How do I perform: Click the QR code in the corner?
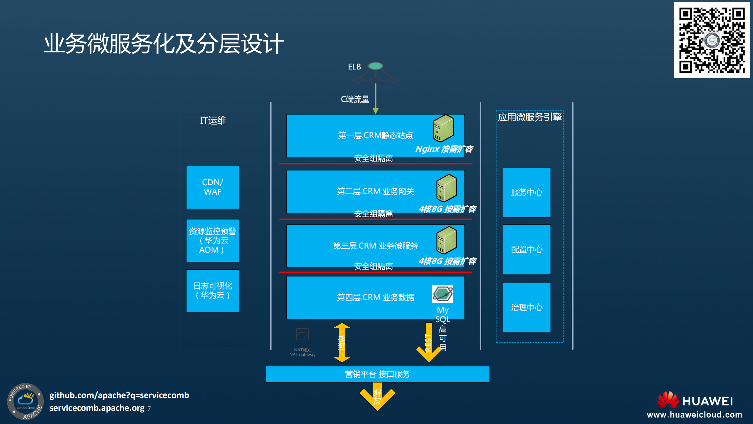712,40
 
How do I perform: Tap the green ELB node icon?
376,66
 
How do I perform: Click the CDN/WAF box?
213,187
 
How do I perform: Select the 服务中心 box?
527,192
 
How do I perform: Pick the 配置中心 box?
527,249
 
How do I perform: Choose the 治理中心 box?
527,307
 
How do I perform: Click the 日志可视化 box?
213,291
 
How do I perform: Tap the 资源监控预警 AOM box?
213,241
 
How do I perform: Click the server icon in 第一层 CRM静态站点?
443,128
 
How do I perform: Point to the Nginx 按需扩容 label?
444,149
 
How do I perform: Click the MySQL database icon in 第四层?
442,294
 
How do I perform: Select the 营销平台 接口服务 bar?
377,374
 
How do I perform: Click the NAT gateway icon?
302,334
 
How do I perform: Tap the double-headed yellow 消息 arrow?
342,342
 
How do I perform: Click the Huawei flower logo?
667,400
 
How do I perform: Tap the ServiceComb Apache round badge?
26,401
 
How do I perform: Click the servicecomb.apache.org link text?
97,408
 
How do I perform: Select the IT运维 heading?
213,120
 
